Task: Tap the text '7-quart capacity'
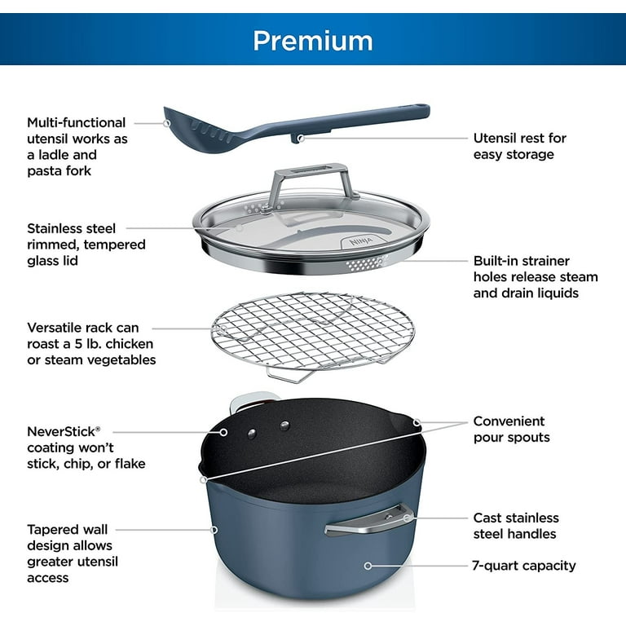click(524, 565)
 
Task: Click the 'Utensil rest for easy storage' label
click(519, 147)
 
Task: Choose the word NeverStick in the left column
click(63, 431)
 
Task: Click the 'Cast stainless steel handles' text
click(515, 526)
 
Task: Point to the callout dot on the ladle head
click(166, 122)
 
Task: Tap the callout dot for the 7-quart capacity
click(368, 565)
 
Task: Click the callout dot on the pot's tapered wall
click(214, 529)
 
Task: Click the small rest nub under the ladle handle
click(300, 138)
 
